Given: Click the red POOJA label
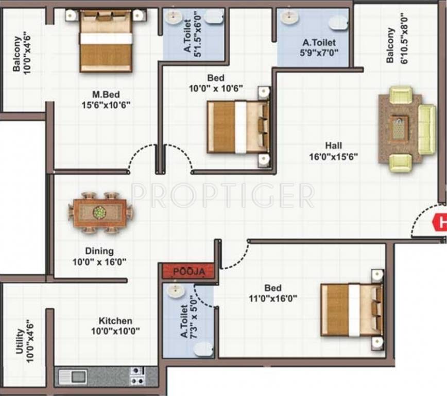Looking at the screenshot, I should click(186, 271).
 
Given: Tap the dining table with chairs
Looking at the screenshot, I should click(100, 212).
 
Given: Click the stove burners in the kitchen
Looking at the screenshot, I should click(137, 376).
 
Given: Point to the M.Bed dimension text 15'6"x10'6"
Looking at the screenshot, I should click(106, 105).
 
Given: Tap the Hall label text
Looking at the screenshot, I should click(333, 145).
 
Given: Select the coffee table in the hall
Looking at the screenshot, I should click(399, 128).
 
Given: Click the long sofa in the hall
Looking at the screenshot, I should click(427, 129).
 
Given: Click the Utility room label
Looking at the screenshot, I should click(19, 341).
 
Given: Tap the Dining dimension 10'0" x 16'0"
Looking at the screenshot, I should click(99, 261).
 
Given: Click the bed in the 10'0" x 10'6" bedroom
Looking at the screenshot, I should click(238, 127).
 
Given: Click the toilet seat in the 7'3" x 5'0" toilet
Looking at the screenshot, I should click(203, 349).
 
